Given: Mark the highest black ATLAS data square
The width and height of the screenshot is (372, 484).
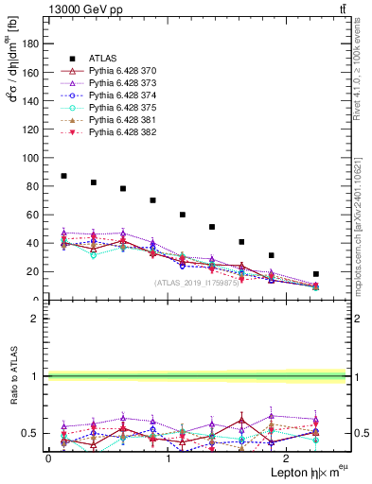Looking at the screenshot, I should [63, 176].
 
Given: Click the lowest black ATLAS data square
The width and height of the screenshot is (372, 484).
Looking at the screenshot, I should [316, 274].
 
